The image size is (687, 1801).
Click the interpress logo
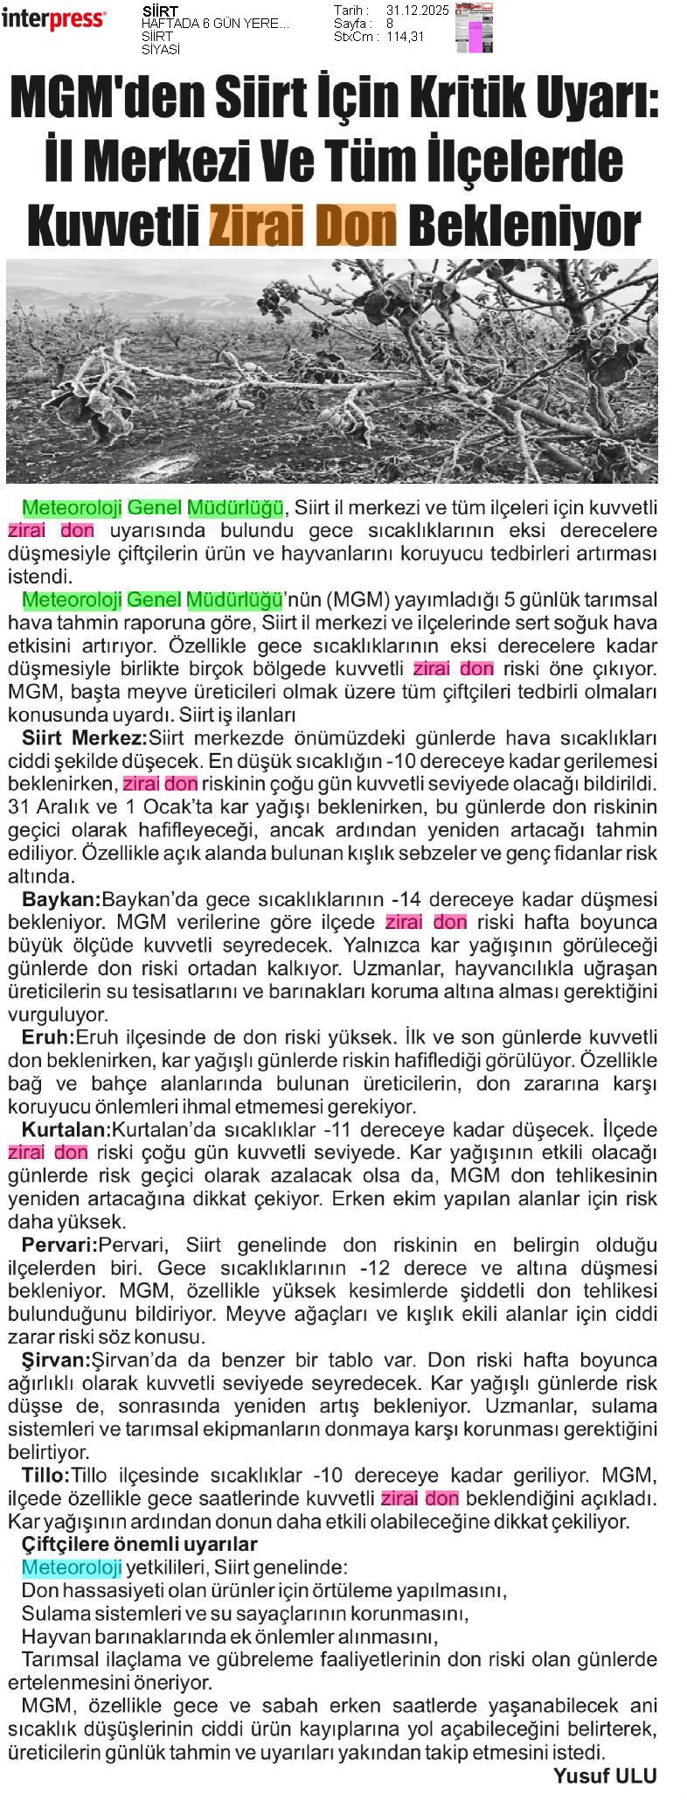coord(54,18)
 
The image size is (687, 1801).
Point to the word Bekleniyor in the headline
coord(524,226)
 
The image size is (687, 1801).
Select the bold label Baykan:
coord(61,898)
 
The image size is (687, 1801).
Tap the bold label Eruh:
coord(48,1037)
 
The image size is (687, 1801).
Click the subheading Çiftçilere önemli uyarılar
coord(139,1545)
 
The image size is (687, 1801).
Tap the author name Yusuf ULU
coord(604,1775)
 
